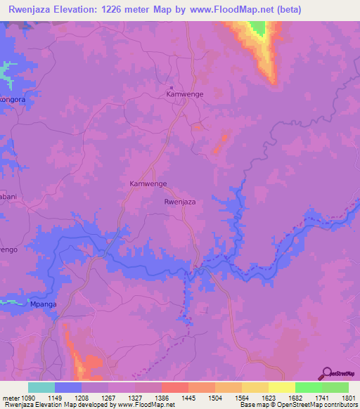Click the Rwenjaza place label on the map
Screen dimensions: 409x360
tap(179, 202)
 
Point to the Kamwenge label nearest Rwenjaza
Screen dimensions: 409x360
tap(148, 183)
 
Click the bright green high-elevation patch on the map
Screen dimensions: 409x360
tap(257, 29)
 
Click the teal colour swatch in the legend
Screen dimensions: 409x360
tap(41, 387)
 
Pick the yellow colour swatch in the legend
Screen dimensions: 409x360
tap(281, 387)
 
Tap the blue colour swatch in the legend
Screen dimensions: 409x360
tap(67, 387)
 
